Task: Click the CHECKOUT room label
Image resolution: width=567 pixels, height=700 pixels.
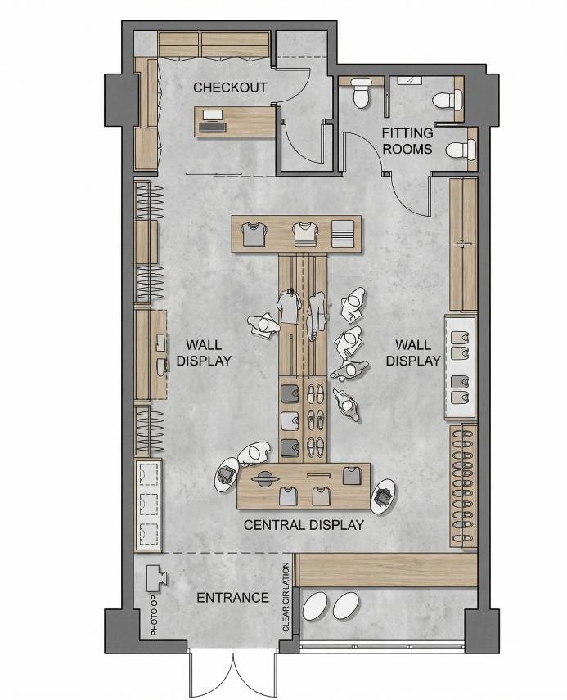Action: (x=230, y=87)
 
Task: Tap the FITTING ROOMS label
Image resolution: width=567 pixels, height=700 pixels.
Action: (x=407, y=141)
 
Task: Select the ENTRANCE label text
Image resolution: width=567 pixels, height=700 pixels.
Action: (x=233, y=597)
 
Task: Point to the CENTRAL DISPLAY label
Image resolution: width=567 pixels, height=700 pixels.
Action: (x=304, y=525)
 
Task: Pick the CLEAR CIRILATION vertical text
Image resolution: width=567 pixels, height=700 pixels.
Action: (x=286, y=597)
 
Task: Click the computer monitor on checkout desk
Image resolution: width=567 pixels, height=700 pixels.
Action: (x=212, y=115)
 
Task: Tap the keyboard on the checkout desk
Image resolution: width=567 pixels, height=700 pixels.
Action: (x=212, y=128)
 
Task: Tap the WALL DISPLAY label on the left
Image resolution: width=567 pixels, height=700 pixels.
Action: (x=204, y=352)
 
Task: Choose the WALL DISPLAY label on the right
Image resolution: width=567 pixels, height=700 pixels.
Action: (x=413, y=352)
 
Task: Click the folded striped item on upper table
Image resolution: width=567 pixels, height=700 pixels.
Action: (x=342, y=233)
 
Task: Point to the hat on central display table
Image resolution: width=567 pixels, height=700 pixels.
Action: (x=265, y=478)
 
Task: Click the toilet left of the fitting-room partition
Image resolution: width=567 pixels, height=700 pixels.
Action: (x=360, y=93)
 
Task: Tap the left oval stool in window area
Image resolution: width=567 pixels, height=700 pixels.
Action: (x=317, y=606)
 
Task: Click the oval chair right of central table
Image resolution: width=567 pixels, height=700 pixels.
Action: (x=384, y=497)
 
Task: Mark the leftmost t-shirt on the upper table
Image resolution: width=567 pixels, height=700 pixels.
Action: (x=254, y=235)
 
